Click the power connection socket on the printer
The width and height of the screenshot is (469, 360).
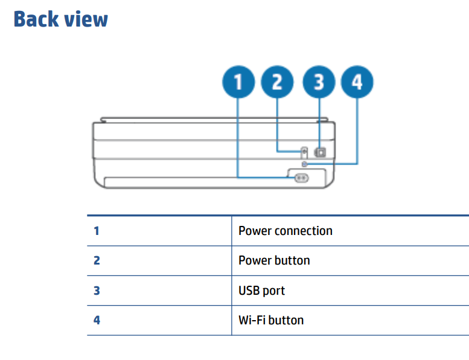[301, 178]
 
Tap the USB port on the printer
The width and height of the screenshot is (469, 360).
[321, 152]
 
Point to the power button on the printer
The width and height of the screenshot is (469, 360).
[304, 151]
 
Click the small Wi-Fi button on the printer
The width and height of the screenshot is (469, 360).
[305, 164]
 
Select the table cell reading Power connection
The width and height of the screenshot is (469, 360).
[285, 231]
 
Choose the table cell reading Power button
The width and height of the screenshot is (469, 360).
[274, 260]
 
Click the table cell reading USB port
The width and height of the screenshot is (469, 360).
[261, 291]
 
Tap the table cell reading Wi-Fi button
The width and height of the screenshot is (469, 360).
[271, 320]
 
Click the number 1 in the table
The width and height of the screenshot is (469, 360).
[97, 231]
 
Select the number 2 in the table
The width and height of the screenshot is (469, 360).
[97, 260]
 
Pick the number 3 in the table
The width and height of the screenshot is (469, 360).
[97, 291]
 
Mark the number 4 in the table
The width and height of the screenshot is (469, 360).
[97, 320]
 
